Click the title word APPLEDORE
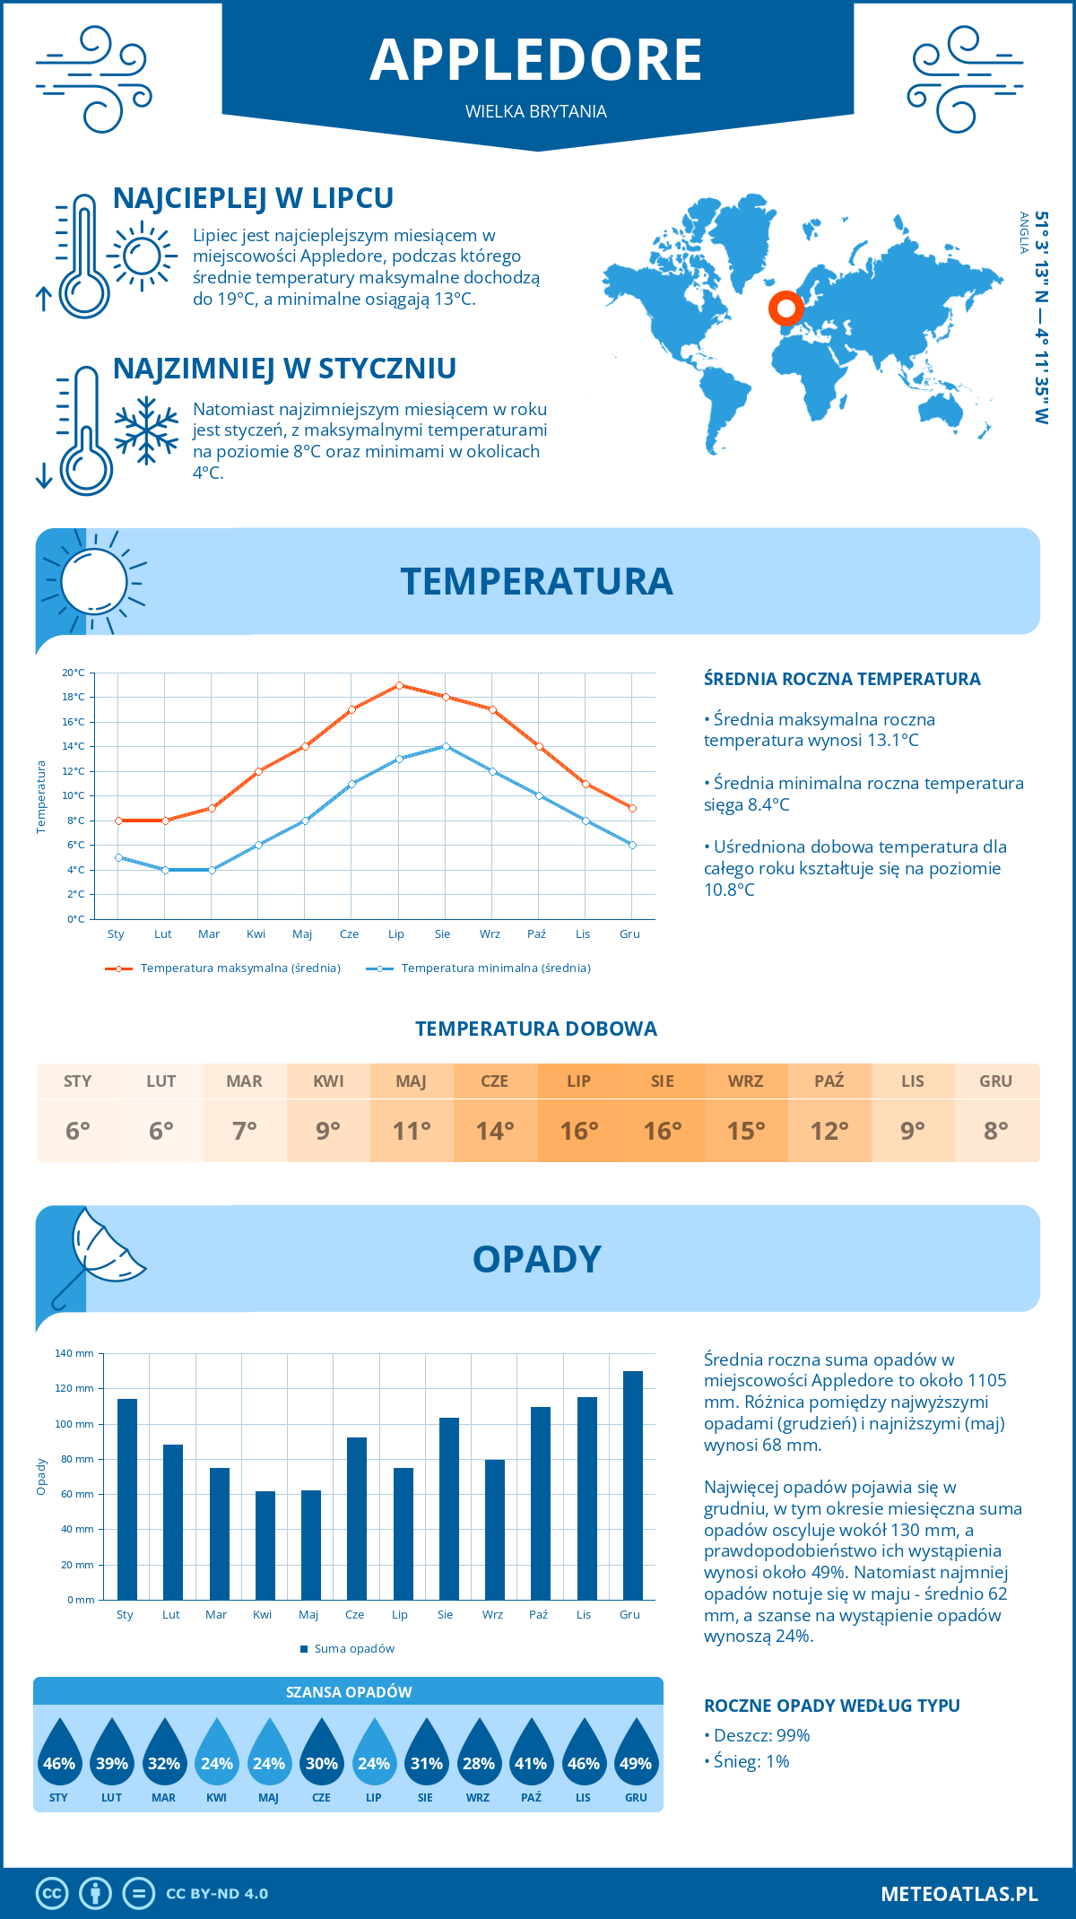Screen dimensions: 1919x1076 [x=536, y=60]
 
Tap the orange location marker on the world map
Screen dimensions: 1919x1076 [x=786, y=308]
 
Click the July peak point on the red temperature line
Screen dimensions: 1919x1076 [x=399, y=685]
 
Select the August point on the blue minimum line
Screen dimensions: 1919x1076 [x=446, y=746]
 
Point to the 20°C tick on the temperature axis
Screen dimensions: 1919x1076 [x=74, y=673]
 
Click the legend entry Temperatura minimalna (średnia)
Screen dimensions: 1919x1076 [x=495, y=968]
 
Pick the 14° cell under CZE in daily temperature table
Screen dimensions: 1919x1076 [x=495, y=1131]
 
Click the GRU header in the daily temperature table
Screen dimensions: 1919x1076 [x=995, y=1081]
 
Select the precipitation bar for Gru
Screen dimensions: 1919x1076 [x=632, y=1485]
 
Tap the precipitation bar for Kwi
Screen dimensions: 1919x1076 [x=265, y=1545]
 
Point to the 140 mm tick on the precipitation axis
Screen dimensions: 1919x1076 [x=74, y=1353]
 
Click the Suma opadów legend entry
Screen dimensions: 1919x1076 [x=353, y=1649]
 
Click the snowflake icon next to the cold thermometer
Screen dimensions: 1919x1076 [x=146, y=430]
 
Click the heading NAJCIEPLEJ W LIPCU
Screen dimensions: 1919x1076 [x=253, y=198]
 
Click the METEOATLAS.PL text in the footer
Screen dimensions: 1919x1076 [x=959, y=1894]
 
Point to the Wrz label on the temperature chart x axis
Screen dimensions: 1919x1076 [x=490, y=934]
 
